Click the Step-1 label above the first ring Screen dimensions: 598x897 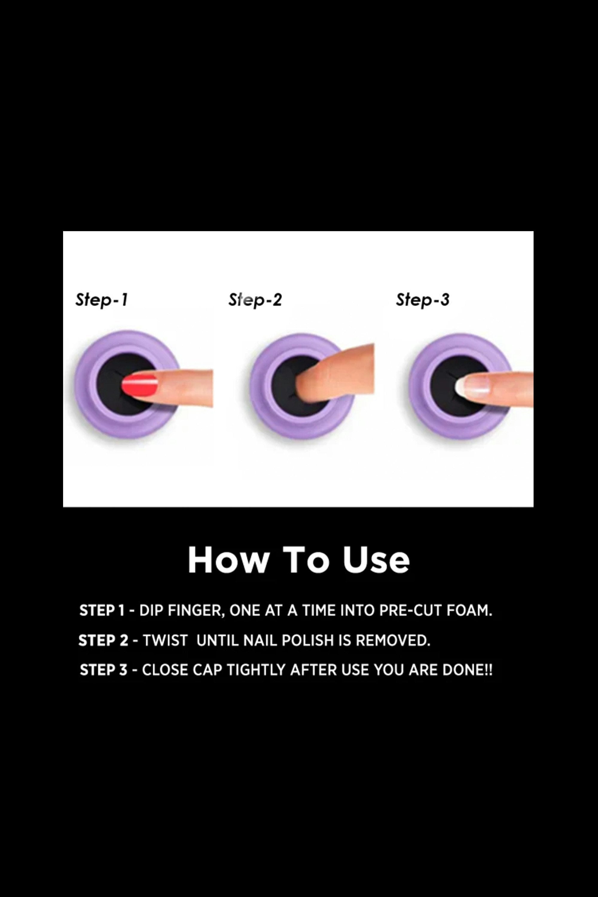101,300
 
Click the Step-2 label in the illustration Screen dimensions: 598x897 255,300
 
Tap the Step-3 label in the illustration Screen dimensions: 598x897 422,300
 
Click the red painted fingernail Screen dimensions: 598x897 140,385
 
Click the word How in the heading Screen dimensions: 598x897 228,560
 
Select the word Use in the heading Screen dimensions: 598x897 376,560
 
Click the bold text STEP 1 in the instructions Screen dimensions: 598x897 102,611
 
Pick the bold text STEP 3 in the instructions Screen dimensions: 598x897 103,670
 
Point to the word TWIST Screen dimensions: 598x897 165,640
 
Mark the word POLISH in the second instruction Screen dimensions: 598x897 308,640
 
